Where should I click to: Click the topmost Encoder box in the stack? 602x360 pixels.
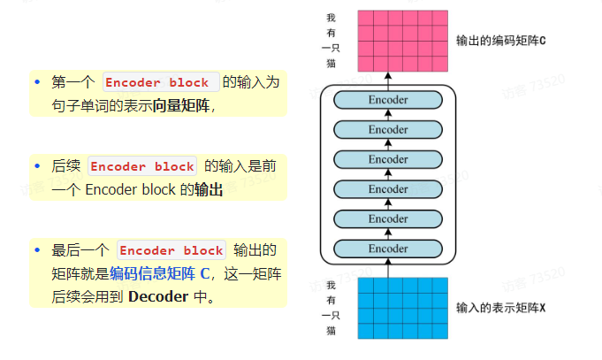point(387,100)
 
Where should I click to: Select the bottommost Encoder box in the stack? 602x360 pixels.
point(387,249)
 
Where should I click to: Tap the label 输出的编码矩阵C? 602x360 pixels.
point(501,41)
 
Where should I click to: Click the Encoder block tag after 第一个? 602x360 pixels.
point(158,83)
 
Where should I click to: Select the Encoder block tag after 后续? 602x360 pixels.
point(142,166)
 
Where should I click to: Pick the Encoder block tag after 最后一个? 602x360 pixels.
point(171,250)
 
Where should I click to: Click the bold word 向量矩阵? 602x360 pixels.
point(183,105)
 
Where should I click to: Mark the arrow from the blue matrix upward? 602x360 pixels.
point(387,269)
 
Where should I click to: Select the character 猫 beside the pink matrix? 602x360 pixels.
point(331,65)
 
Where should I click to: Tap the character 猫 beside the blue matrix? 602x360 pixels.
point(331,330)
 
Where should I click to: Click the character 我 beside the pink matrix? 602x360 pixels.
point(331,18)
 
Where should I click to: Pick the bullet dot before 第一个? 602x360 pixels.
point(38,82)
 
